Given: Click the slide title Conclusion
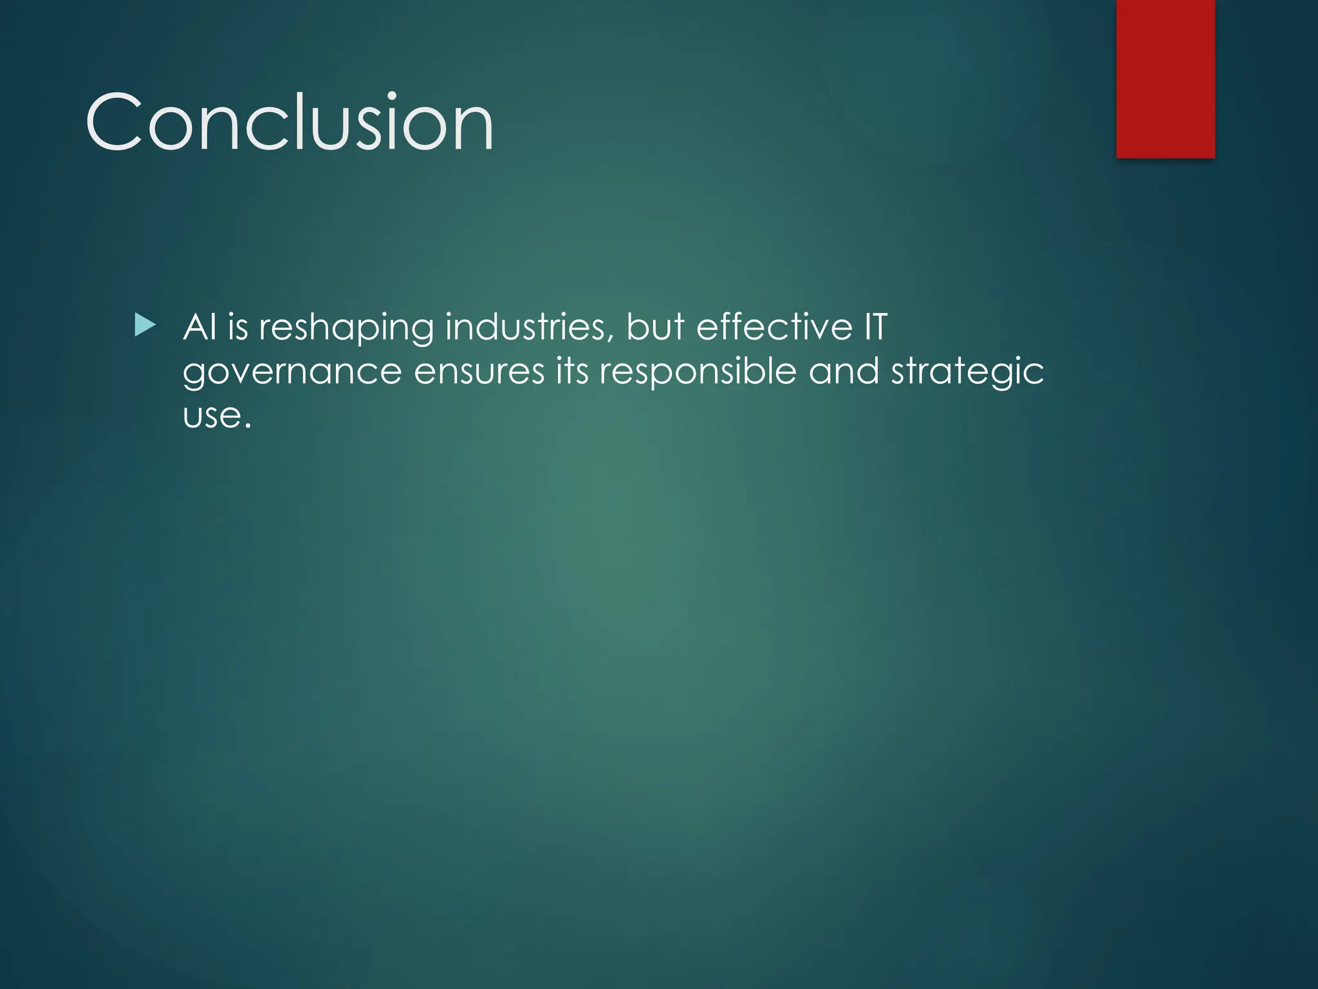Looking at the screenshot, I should pyautogui.click(x=289, y=122).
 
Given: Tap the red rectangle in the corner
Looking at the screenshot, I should pyautogui.click(x=1165, y=79).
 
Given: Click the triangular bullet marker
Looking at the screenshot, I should pyautogui.click(x=145, y=326).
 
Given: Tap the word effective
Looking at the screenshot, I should pyautogui.click(x=774, y=327).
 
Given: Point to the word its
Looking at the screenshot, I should pyautogui.click(x=571, y=372).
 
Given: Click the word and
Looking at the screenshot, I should pyautogui.click(x=844, y=372).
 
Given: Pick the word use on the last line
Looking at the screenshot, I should pyautogui.click(x=211, y=417).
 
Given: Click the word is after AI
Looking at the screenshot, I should pyautogui.click(x=237, y=327).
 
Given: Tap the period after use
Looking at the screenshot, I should pyautogui.click(x=246, y=426).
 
